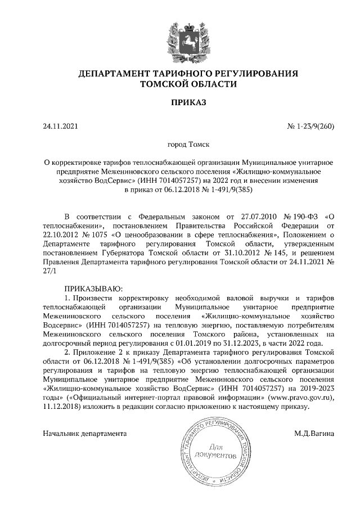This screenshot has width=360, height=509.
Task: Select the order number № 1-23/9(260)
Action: [x=310, y=127]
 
